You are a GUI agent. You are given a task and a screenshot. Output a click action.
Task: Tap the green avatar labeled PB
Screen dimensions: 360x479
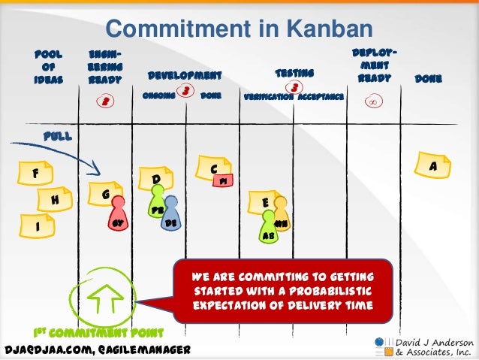tap(157, 207)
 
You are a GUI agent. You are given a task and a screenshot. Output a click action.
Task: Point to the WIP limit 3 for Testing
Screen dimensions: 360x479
tap(295, 87)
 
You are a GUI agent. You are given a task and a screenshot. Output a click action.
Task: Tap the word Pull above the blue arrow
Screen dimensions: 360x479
tap(57, 137)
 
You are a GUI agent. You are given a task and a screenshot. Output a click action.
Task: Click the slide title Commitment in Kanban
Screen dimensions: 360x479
tap(239, 29)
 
